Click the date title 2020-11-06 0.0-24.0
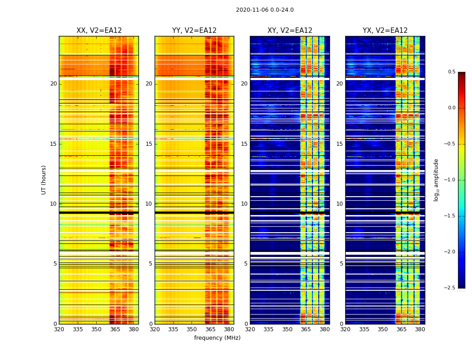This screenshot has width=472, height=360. coord(265,10)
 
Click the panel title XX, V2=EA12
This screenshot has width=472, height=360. coord(99,31)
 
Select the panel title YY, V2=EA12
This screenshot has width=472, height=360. coord(194,31)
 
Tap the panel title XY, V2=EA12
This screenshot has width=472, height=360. coord(290,31)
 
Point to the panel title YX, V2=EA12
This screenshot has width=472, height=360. coord(385,31)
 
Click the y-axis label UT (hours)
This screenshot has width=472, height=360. coord(44,180)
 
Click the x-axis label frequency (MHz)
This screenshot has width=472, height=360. coord(217,338)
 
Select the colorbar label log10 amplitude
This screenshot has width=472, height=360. coord(436,180)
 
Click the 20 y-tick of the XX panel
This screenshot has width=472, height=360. coord(53,84)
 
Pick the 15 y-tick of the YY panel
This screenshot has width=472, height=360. coord(149,144)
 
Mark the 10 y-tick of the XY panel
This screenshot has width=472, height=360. coord(244,204)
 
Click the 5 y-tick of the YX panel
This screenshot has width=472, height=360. coord(341,264)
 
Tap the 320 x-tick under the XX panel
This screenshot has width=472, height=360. coord(59,329)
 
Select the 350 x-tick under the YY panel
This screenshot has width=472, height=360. coord(192,329)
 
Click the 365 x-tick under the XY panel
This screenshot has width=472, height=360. coord(306,329)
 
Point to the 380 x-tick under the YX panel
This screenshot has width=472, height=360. coord(420,329)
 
